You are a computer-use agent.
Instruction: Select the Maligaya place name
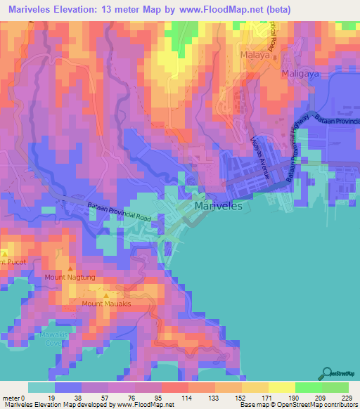pyautogui.click(x=302, y=72)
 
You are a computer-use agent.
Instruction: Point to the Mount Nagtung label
pyautogui.click(x=70, y=278)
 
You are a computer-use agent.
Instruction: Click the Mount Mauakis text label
pyautogui.click(x=106, y=304)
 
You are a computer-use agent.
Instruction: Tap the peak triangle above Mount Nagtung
pyautogui.click(x=70, y=269)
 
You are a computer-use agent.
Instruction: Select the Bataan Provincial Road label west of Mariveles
pyautogui.click(x=119, y=212)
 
